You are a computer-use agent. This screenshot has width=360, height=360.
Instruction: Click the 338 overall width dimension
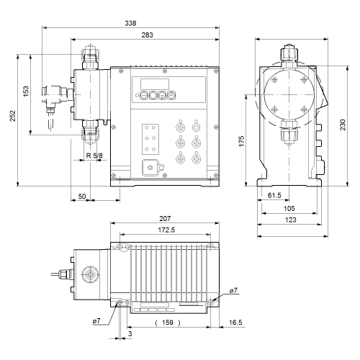pyautogui.click(x=130, y=23)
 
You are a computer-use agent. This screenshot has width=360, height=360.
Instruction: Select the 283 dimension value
pyautogui.click(x=147, y=35)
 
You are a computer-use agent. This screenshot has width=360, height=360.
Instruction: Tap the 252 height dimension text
pyautogui.click(x=12, y=116)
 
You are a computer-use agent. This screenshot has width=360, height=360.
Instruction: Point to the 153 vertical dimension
pyautogui.click(x=26, y=91)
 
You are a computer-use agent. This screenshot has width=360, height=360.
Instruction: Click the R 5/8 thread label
pyautogui.click(x=94, y=156)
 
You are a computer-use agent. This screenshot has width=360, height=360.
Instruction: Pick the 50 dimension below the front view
pyautogui.click(x=82, y=197)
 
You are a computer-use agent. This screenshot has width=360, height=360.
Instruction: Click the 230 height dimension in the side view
pyautogui.click(x=343, y=125)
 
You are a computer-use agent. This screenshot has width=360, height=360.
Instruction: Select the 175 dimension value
pyautogui.click(x=241, y=141)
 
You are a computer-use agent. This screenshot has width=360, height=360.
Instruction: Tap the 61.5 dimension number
pyautogui.click(x=274, y=195)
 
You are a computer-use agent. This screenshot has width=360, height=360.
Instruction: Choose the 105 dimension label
pyautogui.click(x=289, y=208)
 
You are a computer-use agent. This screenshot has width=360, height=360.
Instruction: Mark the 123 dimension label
pyautogui.click(x=291, y=220)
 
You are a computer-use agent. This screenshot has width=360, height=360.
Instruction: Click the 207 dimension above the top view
pyautogui.click(x=165, y=219)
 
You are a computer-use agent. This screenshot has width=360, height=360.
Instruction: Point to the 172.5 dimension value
pyautogui.click(x=166, y=230)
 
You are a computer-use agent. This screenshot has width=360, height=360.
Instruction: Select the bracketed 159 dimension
pyautogui.click(x=168, y=323)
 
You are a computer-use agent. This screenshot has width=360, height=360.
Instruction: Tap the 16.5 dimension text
pyautogui.click(x=235, y=323)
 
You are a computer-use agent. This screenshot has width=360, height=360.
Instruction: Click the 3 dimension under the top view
pyautogui.click(x=130, y=334)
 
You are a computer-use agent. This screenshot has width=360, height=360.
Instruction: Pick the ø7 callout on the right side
pyautogui.click(x=233, y=291)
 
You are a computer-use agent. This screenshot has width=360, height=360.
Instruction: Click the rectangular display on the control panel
pyautogui.click(x=155, y=84)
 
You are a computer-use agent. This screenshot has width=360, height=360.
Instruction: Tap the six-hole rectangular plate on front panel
pyautogui.click(x=150, y=139)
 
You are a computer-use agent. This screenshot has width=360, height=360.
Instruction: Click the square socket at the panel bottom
pyautogui.click(x=150, y=168)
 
